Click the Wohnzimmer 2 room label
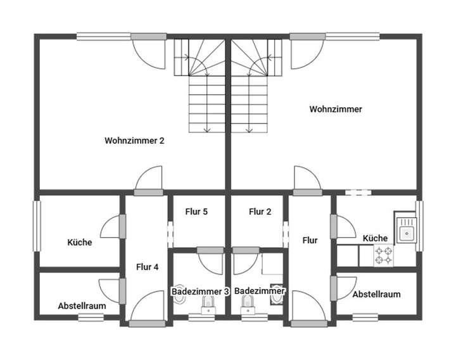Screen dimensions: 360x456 134,141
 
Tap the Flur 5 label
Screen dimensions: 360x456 196,212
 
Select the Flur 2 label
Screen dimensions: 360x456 260,212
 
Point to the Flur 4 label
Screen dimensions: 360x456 147,267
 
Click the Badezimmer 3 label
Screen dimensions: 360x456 200,291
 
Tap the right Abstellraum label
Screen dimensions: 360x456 376,294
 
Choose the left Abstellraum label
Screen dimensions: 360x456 82,305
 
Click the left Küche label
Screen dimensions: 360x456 80,242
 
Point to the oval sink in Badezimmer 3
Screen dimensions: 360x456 180,291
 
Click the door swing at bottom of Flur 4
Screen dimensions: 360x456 146,307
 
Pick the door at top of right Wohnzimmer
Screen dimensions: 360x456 304,52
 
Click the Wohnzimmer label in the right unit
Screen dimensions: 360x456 336,109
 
